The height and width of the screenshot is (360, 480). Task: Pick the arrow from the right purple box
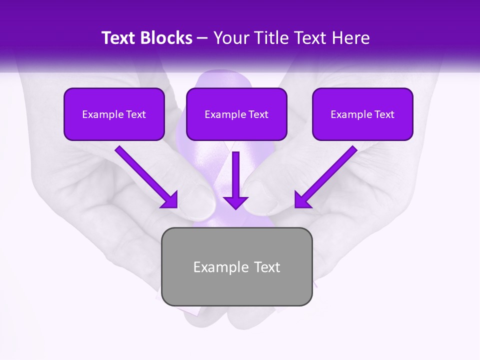328,174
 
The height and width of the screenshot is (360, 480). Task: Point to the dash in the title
203,38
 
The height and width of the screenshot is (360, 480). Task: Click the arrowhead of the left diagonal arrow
170,200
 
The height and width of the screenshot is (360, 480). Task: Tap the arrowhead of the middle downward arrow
235,202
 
